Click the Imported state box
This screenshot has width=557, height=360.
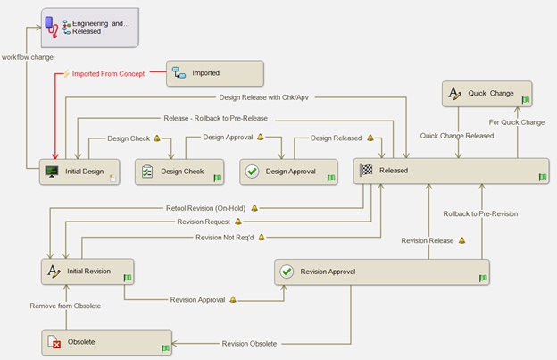[215, 73]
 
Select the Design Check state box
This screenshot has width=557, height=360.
[179, 172]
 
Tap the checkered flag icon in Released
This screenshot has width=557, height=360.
[366, 171]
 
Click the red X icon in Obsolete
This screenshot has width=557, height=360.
[56, 344]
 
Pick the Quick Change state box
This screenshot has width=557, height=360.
[487, 94]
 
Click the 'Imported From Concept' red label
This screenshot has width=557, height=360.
[108, 74]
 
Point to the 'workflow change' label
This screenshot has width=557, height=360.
[28, 57]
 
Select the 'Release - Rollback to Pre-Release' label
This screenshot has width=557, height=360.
[216, 118]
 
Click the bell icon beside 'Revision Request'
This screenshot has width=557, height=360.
[238, 222]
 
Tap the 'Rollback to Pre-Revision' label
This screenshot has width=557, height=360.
[480, 213]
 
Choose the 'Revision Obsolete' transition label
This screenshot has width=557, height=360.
[249, 344]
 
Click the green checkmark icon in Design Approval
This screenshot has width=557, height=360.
[253, 172]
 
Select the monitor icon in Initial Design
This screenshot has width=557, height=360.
[52, 172]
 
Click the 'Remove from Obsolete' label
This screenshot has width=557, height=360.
[65, 306]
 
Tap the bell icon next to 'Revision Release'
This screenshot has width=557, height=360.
[461, 240]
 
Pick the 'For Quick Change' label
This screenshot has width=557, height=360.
[517, 122]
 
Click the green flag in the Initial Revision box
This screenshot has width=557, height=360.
[128, 278]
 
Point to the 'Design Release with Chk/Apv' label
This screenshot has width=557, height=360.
[264, 97]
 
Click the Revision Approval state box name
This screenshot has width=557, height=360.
[328, 272]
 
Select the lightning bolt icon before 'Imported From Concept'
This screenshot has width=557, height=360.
[66, 73]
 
